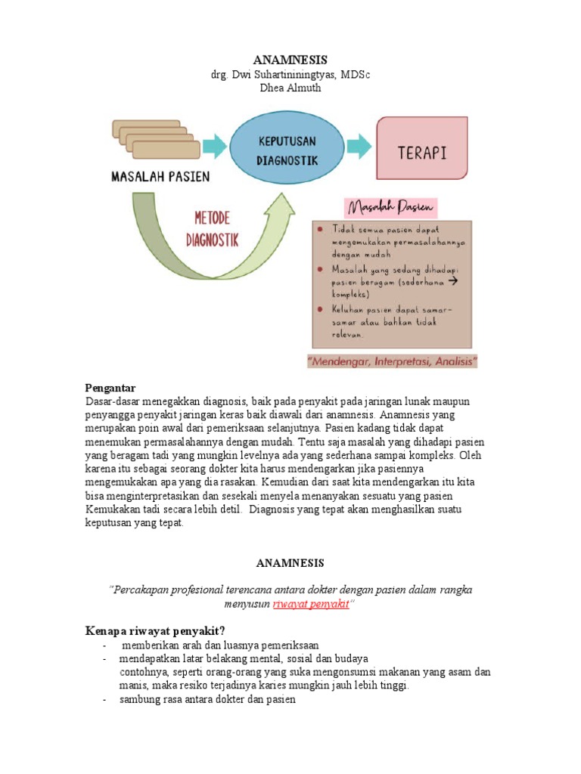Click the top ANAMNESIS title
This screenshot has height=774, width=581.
(x=290, y=60)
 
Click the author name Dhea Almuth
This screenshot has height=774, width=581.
(x=290, y=88)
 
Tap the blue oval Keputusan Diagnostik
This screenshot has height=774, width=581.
(x=286, y=150)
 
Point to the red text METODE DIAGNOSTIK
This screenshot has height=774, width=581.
(x=212, y=230)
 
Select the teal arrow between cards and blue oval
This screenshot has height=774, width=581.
(x=215, y=146)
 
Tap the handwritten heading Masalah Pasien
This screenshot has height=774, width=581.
(x=392, y=206)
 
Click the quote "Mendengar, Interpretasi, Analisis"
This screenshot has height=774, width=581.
(x=393, y=362)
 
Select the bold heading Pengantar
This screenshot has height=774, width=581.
(x=110, y=388)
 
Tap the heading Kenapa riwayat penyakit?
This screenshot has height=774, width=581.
(x=154, y=631)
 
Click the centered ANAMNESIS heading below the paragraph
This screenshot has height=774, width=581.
(x=290, y=563)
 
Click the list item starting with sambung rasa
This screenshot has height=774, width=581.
(x=207, y=700)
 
